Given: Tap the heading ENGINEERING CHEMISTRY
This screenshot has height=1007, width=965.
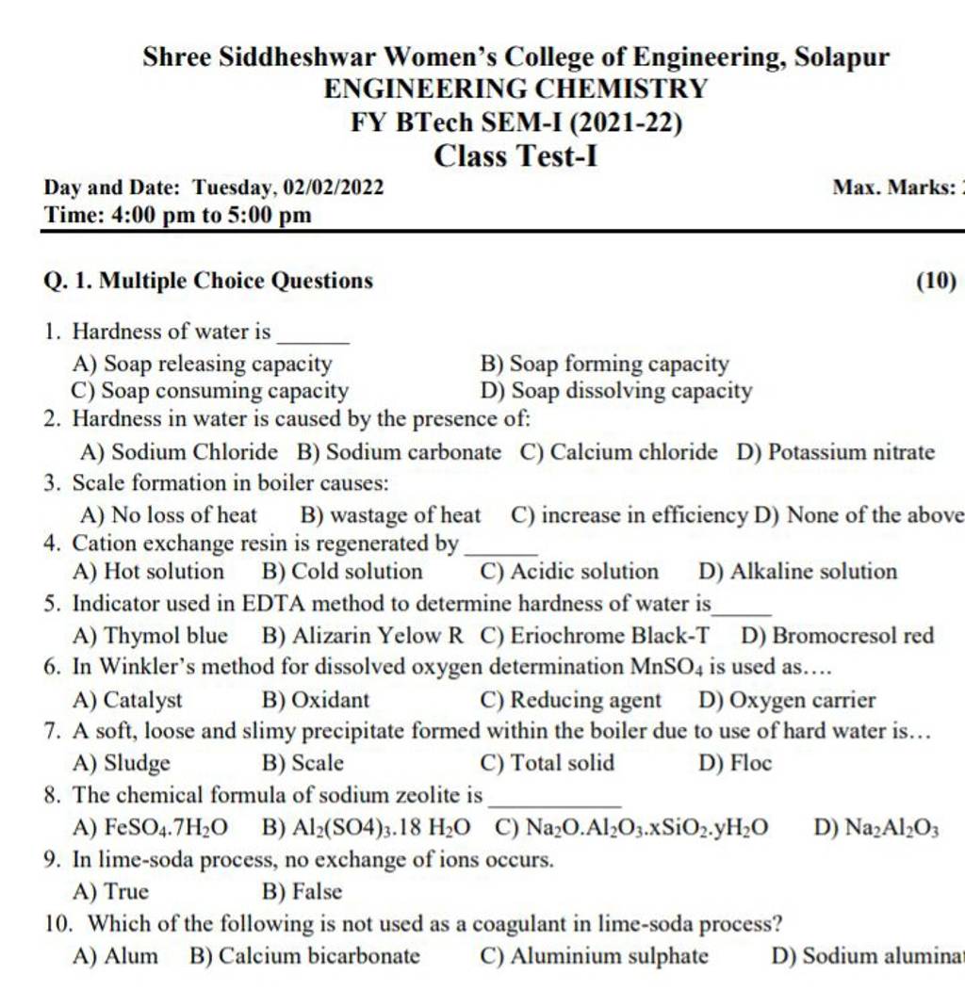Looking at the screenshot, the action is click(515, 89).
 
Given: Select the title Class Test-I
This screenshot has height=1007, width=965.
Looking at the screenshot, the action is click(515, 154).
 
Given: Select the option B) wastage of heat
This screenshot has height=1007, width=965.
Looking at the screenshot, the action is click(388, 515).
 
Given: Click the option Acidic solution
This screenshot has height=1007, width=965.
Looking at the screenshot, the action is click(581, 572).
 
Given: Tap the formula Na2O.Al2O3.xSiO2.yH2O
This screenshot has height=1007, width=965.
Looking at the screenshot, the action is click(631, 828).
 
